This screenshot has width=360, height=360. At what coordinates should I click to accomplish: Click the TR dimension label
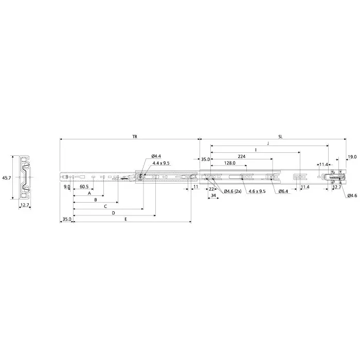134,137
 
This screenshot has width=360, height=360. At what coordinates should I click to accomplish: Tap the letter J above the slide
268,143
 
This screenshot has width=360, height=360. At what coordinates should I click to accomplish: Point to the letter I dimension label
256,150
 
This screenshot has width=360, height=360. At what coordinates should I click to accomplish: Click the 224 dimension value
241,156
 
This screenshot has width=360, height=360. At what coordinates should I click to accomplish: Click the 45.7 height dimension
6,177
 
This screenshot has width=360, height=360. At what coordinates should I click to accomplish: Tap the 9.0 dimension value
66,187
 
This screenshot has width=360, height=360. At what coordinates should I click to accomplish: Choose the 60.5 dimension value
84,187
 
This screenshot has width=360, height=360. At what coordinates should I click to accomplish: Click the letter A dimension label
89,194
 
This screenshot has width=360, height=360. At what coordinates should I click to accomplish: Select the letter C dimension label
105,206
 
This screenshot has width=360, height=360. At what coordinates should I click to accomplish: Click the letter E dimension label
126,219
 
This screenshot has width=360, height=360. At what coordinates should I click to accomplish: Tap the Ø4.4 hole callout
157,156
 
